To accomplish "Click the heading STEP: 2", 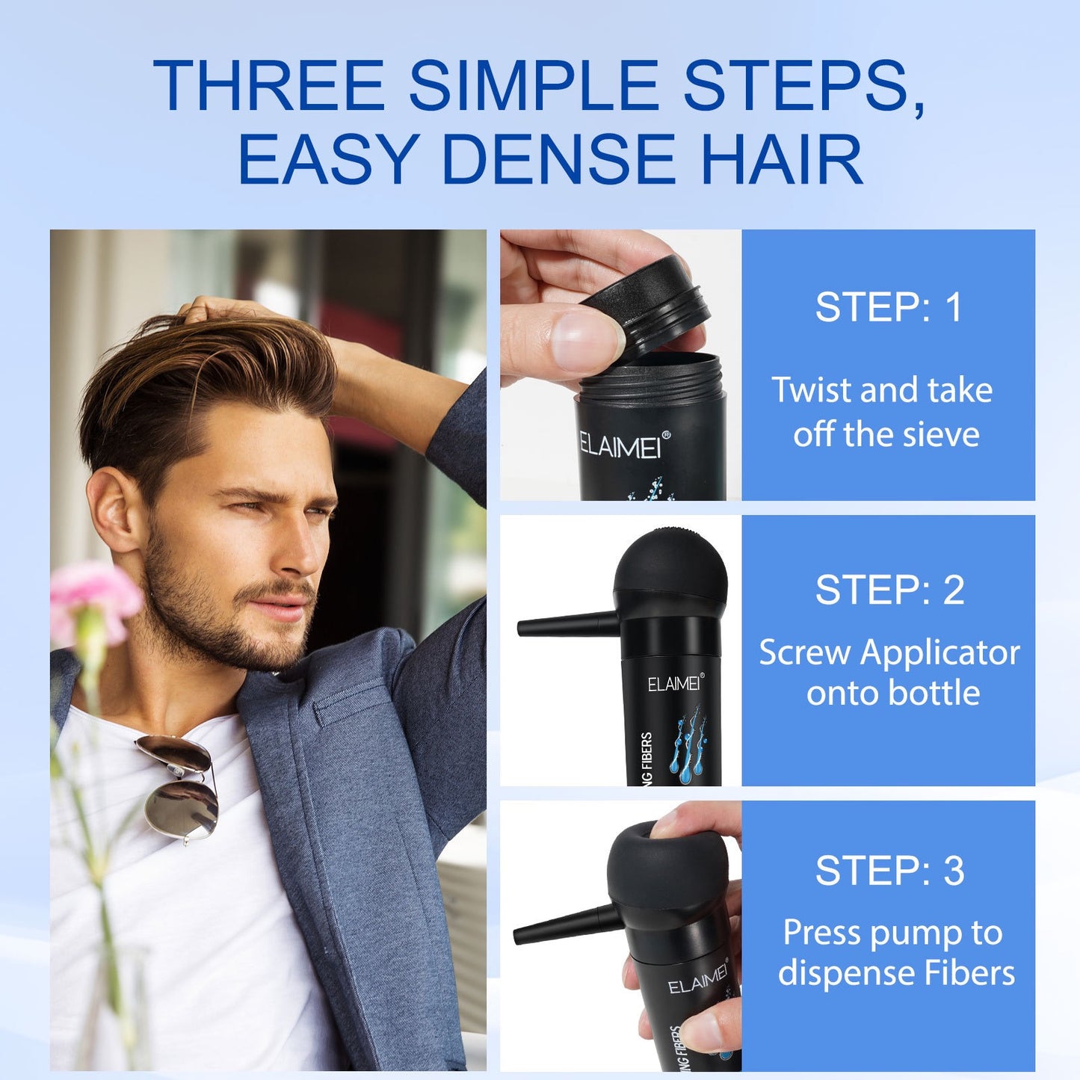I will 889,590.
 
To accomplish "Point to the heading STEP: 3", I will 889,871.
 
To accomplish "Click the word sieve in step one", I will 939,434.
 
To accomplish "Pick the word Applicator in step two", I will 939,652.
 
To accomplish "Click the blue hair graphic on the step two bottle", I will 691,747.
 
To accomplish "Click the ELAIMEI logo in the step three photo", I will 697,979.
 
